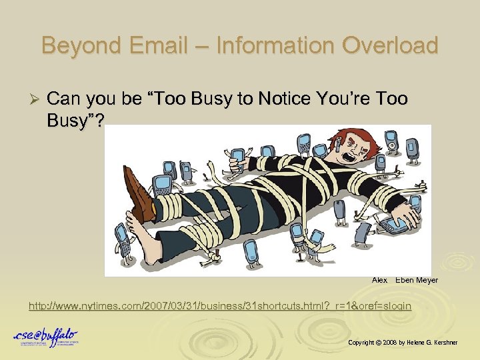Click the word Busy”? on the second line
76,120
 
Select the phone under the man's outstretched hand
409,225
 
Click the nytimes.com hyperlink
219,306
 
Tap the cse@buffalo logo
46,337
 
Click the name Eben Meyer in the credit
417,280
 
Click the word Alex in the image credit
379,280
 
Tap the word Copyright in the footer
361,342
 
